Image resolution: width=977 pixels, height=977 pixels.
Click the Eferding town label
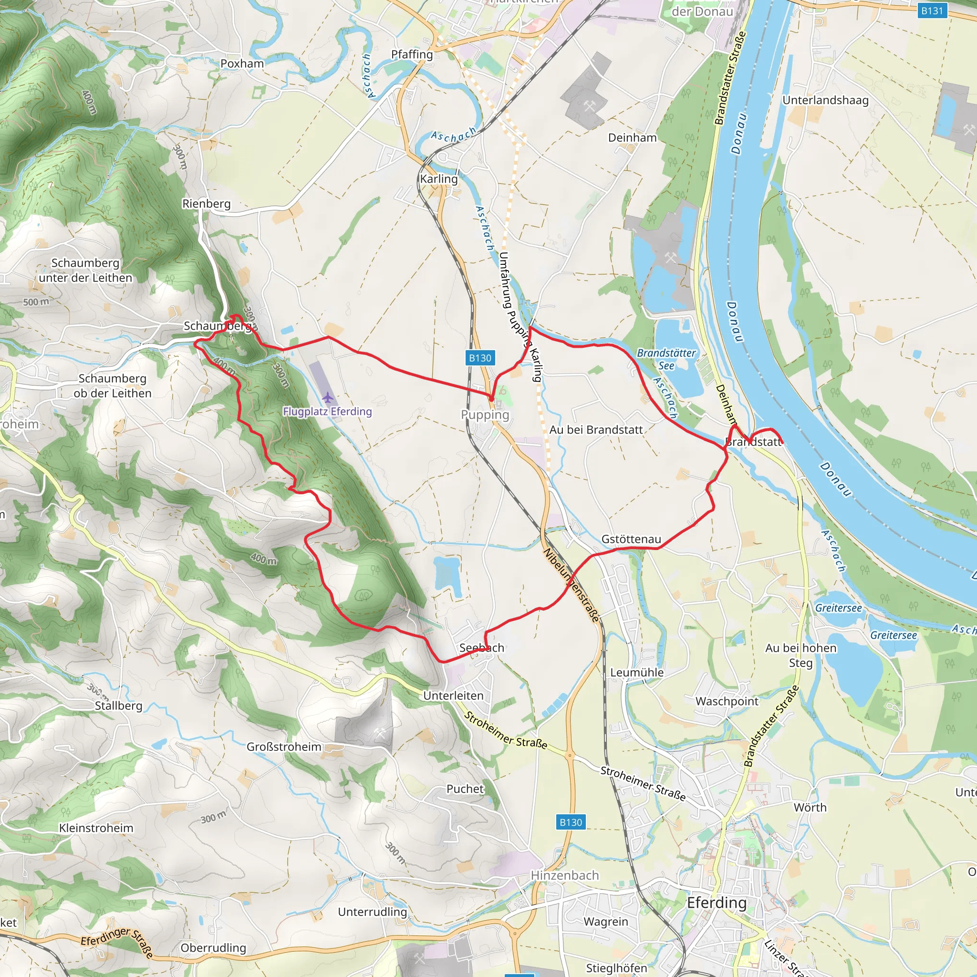click(716, 903)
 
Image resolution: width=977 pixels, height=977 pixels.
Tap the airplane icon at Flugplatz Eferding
click(328, 397)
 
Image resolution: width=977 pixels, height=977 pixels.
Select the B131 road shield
click(932, 10)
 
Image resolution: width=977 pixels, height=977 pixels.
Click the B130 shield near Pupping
click(479, 358)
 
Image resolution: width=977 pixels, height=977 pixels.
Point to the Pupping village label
click(485, 415)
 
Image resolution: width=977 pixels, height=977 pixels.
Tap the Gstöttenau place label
click(631, 539)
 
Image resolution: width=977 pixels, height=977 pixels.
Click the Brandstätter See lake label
click(666, 359)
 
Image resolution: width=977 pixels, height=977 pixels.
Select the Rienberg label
click(206, 203)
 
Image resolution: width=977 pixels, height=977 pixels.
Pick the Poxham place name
click(242, 64)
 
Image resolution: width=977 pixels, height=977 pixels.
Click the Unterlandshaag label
click(825, 100)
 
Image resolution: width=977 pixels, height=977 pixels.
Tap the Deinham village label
click(632, 137)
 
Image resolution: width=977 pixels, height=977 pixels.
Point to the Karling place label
click(438, 179)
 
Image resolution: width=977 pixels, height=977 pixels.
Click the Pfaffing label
click(412, 54)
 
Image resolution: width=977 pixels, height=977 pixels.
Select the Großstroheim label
click(284, 747)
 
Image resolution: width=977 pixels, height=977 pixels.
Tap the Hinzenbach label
click(564, 875)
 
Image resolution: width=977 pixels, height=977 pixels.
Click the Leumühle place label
click(637, 673)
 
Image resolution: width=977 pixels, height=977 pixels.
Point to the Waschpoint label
click(727, 701)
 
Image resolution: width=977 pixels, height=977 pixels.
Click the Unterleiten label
click(453, 696)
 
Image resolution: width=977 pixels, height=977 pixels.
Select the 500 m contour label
click(36, 302)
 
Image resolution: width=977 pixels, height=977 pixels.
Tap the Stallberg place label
click(119, 706)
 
